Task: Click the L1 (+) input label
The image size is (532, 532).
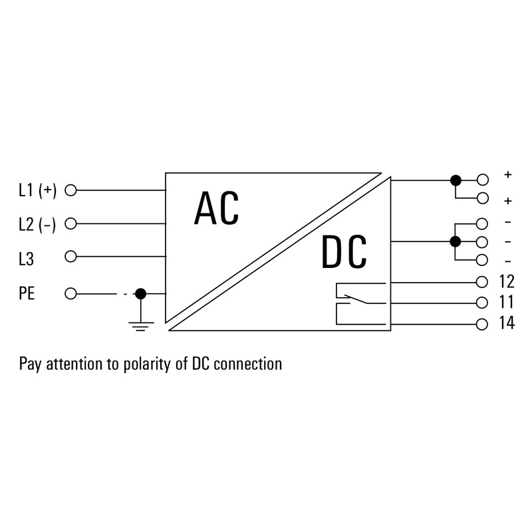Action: pos(38,190)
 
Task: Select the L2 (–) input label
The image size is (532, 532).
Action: pos(37,224)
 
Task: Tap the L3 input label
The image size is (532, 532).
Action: pos(27,259)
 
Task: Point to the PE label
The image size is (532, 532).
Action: pos(27,293)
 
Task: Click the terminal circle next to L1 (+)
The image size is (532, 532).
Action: pos(70,190)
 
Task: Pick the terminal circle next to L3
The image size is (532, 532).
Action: pos(70,257)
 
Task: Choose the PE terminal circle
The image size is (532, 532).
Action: pos(70,293)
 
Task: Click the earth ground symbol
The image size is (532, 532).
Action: pos(141,326)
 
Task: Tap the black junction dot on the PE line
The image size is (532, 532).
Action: pos(140,293)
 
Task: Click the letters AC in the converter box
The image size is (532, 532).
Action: pos(217,208)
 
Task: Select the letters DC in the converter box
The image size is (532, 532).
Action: pos(344,251)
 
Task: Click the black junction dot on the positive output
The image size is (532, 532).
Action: pos(456,180)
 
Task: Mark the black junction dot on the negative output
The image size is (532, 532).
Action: pos(455,241)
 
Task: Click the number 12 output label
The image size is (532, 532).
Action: pos(507,281)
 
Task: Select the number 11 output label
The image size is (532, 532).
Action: pos(507,303)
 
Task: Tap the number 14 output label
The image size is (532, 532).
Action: pos(507,323)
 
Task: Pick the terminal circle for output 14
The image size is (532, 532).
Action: pos(481,325)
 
